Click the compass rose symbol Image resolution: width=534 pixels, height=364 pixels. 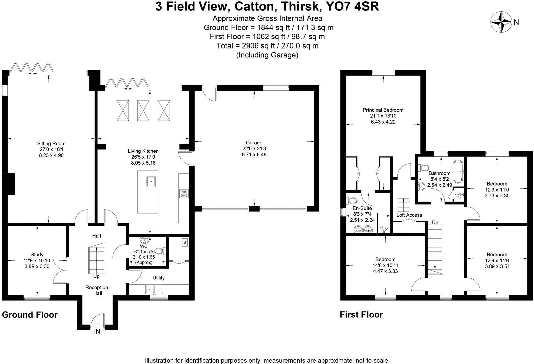pyautogui.click(x=501, y=22)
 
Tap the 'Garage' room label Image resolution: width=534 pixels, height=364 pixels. pyautogui.click(x=254, y=143)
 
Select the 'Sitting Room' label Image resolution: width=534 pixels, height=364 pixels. pyautogui.click(x=51, y=143)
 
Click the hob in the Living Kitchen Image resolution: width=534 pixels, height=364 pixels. pyautogui.click(x=184, y=194)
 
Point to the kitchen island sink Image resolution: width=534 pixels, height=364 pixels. pyautogui.click(x=151, y=182)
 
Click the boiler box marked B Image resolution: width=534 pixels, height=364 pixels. pyautogui.click(x=185, y=242)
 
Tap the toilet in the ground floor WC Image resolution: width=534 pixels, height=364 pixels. pyautogui.click(x=160, y=251)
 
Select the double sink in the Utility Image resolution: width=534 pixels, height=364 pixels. pyautogui.click(x=154, y=289)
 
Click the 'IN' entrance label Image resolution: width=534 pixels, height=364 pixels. pyautogui.click(x=97, y=332)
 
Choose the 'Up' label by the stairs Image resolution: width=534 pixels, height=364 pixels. pyautogui.click(x=96, y=276)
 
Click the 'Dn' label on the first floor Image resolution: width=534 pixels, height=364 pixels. pyautogui.click(x=435, y=222)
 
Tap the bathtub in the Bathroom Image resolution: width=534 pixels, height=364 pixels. pyautogui.click(x=458, y=171)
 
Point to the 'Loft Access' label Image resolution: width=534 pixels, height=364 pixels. pyautogui.click(x=409, y=215)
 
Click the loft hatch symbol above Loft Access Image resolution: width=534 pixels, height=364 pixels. pyautogui.click(x=403, y=205)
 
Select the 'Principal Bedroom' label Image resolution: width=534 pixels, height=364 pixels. pyautogui.click(x=383, y=110)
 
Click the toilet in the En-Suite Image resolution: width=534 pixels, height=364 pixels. pyautogui.click(x=352, y=200)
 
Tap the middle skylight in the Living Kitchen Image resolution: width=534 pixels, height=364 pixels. pyautogui.click(x=143, y=110)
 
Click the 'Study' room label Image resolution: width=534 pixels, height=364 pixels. pyautogui.click(x=37, y=254)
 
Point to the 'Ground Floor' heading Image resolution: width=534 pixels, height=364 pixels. pyautogui.click(x=30, y=315)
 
